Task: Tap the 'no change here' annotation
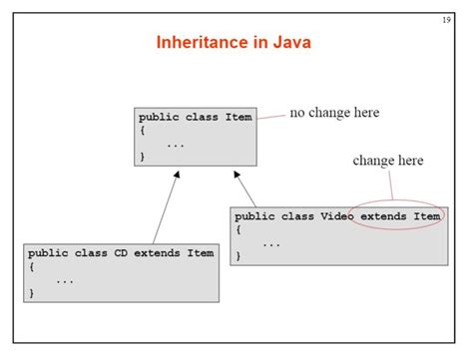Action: (x=334, y=113)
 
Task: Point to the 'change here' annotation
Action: (x=388, y=161)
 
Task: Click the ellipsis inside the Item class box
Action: (x=176, y=144)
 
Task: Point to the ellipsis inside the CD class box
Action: (x=65, y=280)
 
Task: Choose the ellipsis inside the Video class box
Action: (x=271, y=242)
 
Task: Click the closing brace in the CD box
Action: (x=32, y=293)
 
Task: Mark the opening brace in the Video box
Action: (x=238, y=228)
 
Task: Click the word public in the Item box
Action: (x=159, y=117)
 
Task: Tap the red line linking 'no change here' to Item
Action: (x=268, y=116)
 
